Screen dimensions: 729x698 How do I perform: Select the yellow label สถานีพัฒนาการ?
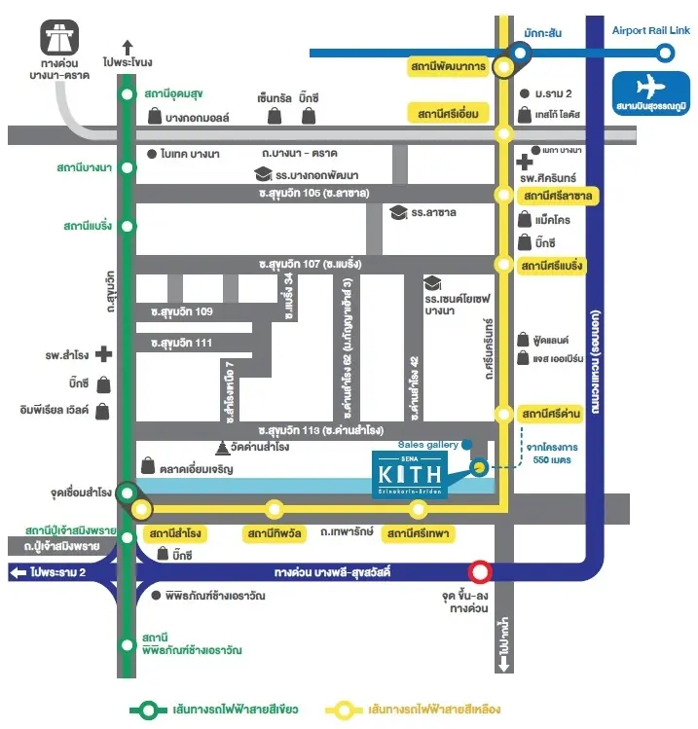pyautogui.click(x=447, y=66)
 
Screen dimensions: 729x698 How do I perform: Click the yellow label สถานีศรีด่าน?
pyautogui.click(x=552, y=413)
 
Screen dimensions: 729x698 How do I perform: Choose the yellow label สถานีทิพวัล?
pyautogui.click(x=275, y=533)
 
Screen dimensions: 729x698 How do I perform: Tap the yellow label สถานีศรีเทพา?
pyautogui.click(x=417, y=533)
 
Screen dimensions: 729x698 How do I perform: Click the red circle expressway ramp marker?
pyautogui.click(x=480, y=572)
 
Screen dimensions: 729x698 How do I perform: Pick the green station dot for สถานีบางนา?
pyautogui.click(x=127, y=168)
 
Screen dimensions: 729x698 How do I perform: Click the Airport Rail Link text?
pyautogui.click(x=650, y=31)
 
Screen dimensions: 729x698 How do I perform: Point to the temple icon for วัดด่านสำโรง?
pyautogui.click(x=223, y=448)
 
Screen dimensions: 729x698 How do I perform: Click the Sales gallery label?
pyautogui.click(x=427, y=445)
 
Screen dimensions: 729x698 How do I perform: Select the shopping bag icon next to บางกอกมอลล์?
pyautogui.click(x=154, y=117)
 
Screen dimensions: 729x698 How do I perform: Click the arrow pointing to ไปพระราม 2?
pyautogui.click(x=18, y=572)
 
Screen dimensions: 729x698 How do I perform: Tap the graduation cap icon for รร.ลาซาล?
pyautogui.click(x=397, y=211)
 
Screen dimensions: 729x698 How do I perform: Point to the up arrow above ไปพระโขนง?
pyautogui.click(x=128, y=44)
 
